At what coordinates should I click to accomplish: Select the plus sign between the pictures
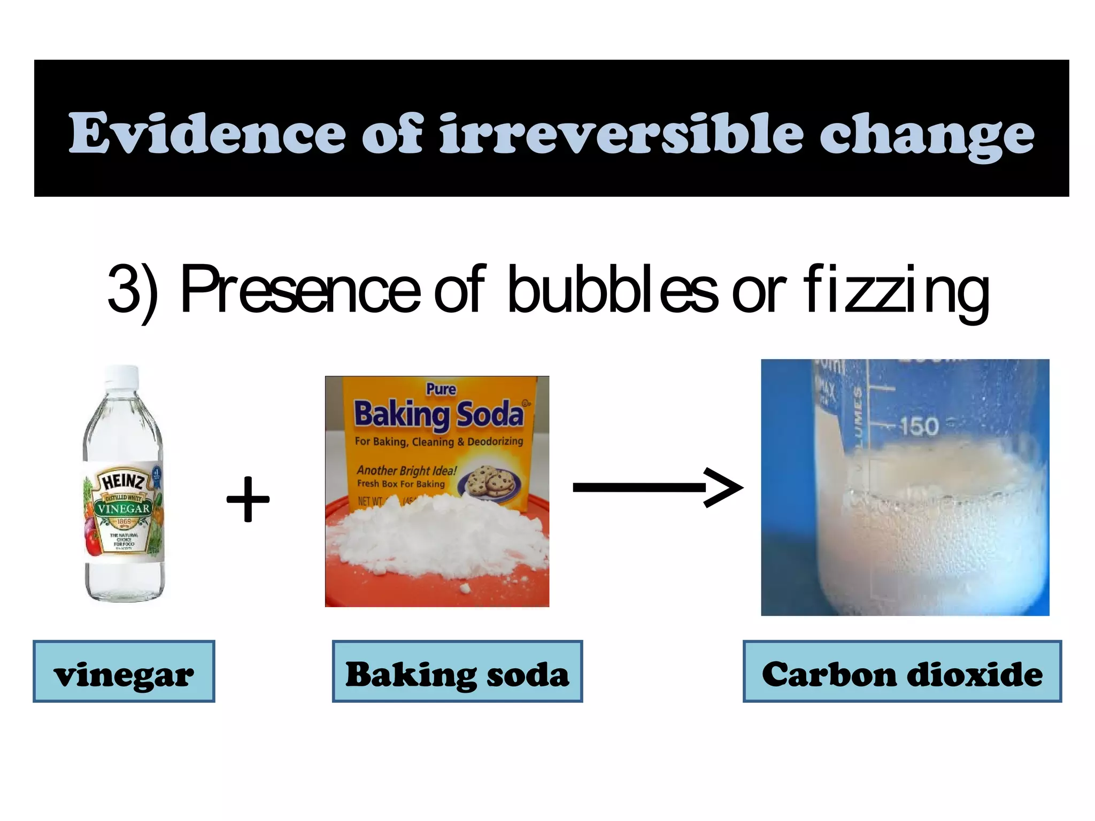(248, 499)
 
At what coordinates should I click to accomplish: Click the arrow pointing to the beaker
(657, 487)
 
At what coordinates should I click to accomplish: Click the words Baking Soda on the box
(438, 414)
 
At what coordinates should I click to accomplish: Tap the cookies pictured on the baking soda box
(491, 481)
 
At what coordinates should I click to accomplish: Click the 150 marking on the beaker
(919, 427)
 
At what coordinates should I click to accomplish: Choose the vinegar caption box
(124, 671)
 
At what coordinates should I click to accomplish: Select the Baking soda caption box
(457, 671)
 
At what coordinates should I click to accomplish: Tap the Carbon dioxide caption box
(902, 671)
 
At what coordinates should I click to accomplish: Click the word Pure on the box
(441, 389)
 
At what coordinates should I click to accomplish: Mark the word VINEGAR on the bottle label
(123, 508)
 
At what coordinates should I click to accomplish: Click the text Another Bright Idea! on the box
(406, 470)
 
